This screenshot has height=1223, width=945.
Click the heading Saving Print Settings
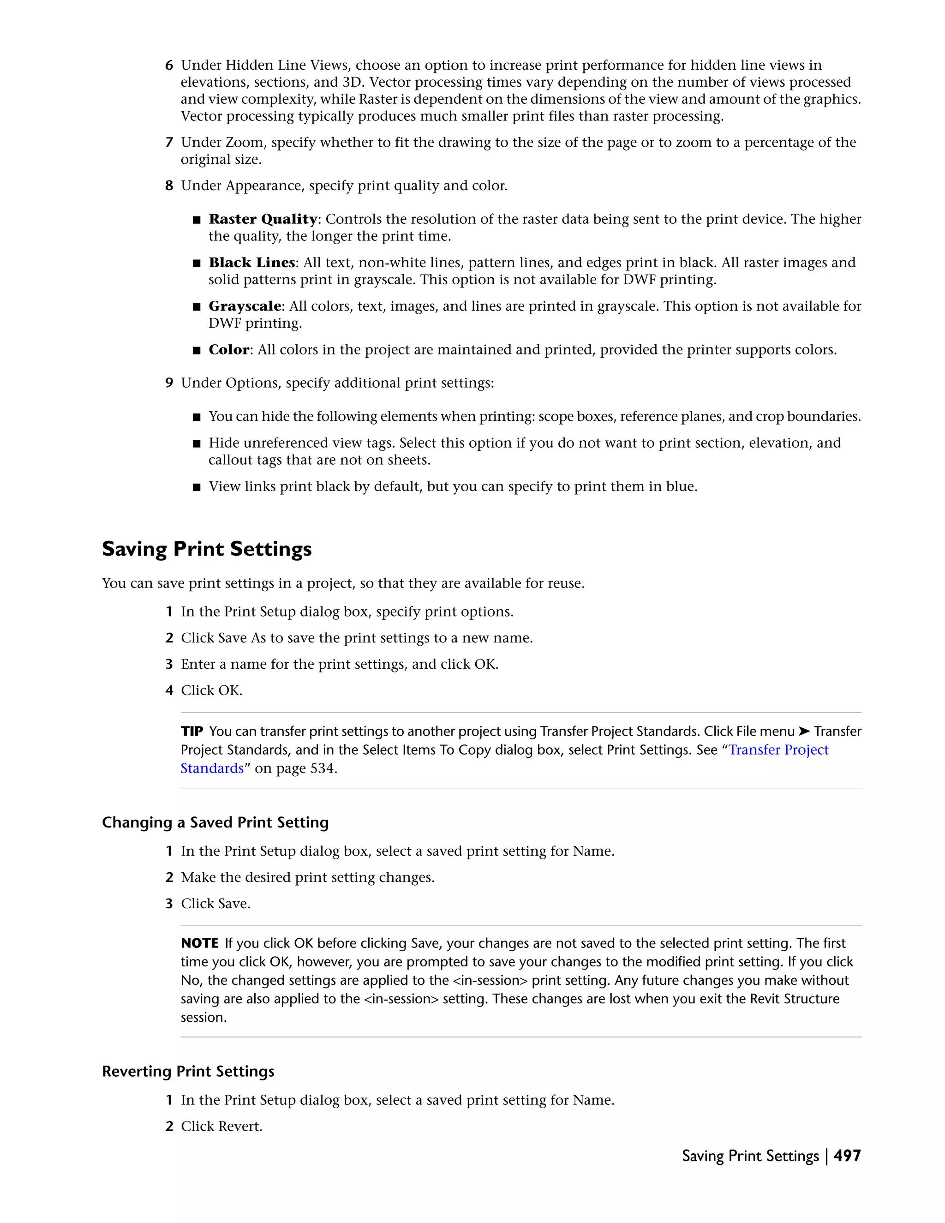[207, 549]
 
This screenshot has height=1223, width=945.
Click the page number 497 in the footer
[847, 1156]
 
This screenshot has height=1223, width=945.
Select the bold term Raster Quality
[263, 219]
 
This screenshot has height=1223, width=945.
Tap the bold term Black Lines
[251, 263]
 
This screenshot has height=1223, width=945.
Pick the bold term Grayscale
[245, 306]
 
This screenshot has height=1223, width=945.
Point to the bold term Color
[228, 350]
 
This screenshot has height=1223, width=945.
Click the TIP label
[192, 731]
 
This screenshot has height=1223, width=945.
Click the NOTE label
[199, 943]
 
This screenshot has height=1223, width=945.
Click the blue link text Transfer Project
[778, 750]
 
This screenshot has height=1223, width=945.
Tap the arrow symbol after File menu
[804, 731]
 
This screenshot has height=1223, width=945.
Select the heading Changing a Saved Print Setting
[215, 822]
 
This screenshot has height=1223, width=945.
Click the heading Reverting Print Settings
[188, 1071]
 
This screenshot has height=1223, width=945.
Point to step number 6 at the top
[169, 66]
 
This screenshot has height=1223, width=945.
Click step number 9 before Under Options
[169, 383]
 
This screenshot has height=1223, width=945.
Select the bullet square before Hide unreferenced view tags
[196, 444]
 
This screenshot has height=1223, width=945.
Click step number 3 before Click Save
[169, 904]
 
